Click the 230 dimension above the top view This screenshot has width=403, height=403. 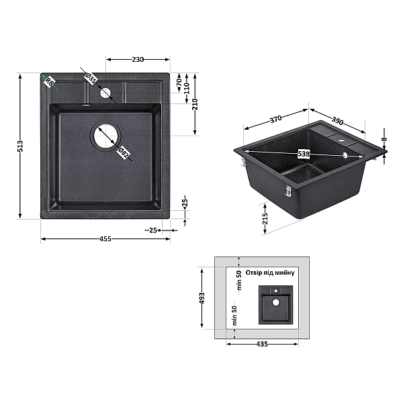coord(138,60)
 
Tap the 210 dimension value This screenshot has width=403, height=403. coord(195,104)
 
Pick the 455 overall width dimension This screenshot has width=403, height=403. coord(105,239)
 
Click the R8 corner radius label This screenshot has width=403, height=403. coord(48,81)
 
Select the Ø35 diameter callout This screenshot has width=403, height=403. coord(91,78)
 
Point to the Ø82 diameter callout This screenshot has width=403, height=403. coord(124,152)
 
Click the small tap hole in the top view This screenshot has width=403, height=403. coord(105,93)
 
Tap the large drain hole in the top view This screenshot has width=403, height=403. coord(105,136)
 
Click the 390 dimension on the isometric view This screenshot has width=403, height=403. coord(337,120)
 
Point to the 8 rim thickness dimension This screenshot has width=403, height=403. coord(384,140)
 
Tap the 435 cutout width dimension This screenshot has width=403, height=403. coord(262,344)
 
